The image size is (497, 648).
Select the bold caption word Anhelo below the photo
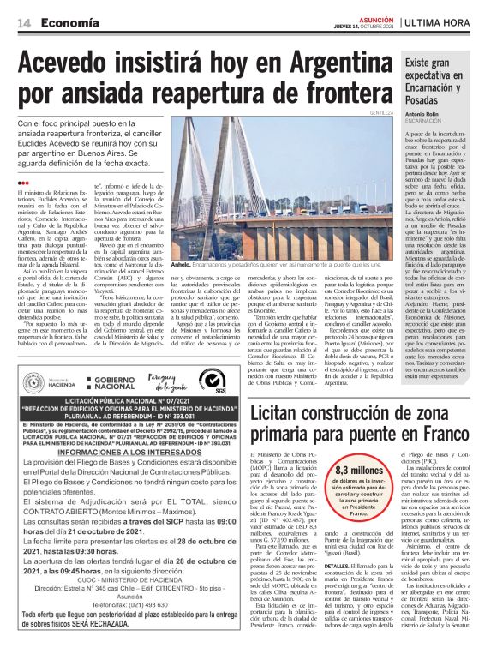[x=181, y=266]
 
